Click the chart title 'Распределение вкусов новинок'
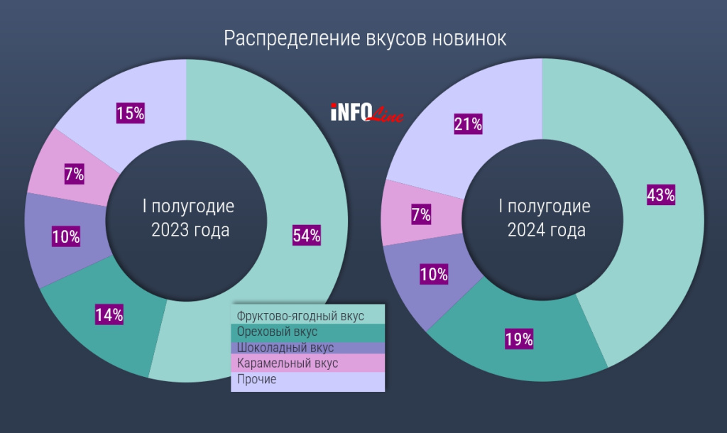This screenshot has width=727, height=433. [365, 38]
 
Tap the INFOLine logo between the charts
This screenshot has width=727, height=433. [366, 113]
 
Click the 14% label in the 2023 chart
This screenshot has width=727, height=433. [109, 315]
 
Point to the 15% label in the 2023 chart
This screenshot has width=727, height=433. [130, 112]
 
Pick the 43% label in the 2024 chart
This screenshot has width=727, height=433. [660, 195]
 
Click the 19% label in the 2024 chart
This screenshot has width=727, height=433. [519, 339]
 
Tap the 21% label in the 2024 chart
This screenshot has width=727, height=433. [468, 125]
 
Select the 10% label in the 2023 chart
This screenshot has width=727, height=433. [66, 237]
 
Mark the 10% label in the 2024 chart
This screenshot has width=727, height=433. [434, 274]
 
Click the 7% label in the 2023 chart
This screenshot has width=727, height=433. [74, 174]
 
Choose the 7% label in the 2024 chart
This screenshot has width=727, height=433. [421, 215]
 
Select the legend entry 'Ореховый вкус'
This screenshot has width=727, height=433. [277, 331]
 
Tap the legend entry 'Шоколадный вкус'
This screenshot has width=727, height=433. [285, 348]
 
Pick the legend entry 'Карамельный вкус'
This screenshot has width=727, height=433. [287, 363]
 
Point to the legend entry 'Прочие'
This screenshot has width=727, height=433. [256, 380]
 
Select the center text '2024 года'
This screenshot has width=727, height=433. [545, 230]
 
